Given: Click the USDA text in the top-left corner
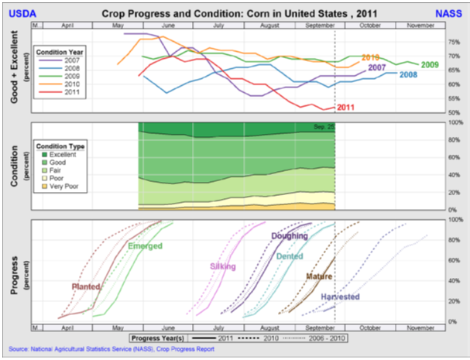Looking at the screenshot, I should pos(22,13).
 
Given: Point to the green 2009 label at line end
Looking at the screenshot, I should pos(431,64).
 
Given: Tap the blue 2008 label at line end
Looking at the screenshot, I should pos(408,74).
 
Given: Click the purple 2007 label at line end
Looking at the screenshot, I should pos(377,68).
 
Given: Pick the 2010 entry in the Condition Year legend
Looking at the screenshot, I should pos(70,84).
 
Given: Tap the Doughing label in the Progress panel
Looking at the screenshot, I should pos(290,235).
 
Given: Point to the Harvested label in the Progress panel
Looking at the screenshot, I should pos(340,297).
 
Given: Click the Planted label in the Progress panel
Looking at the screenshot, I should pos(85,286).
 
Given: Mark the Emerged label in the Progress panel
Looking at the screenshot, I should pos(145,246).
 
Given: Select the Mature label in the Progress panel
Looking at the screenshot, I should pos(319,276).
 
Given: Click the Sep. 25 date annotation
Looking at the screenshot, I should pos(324,126).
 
